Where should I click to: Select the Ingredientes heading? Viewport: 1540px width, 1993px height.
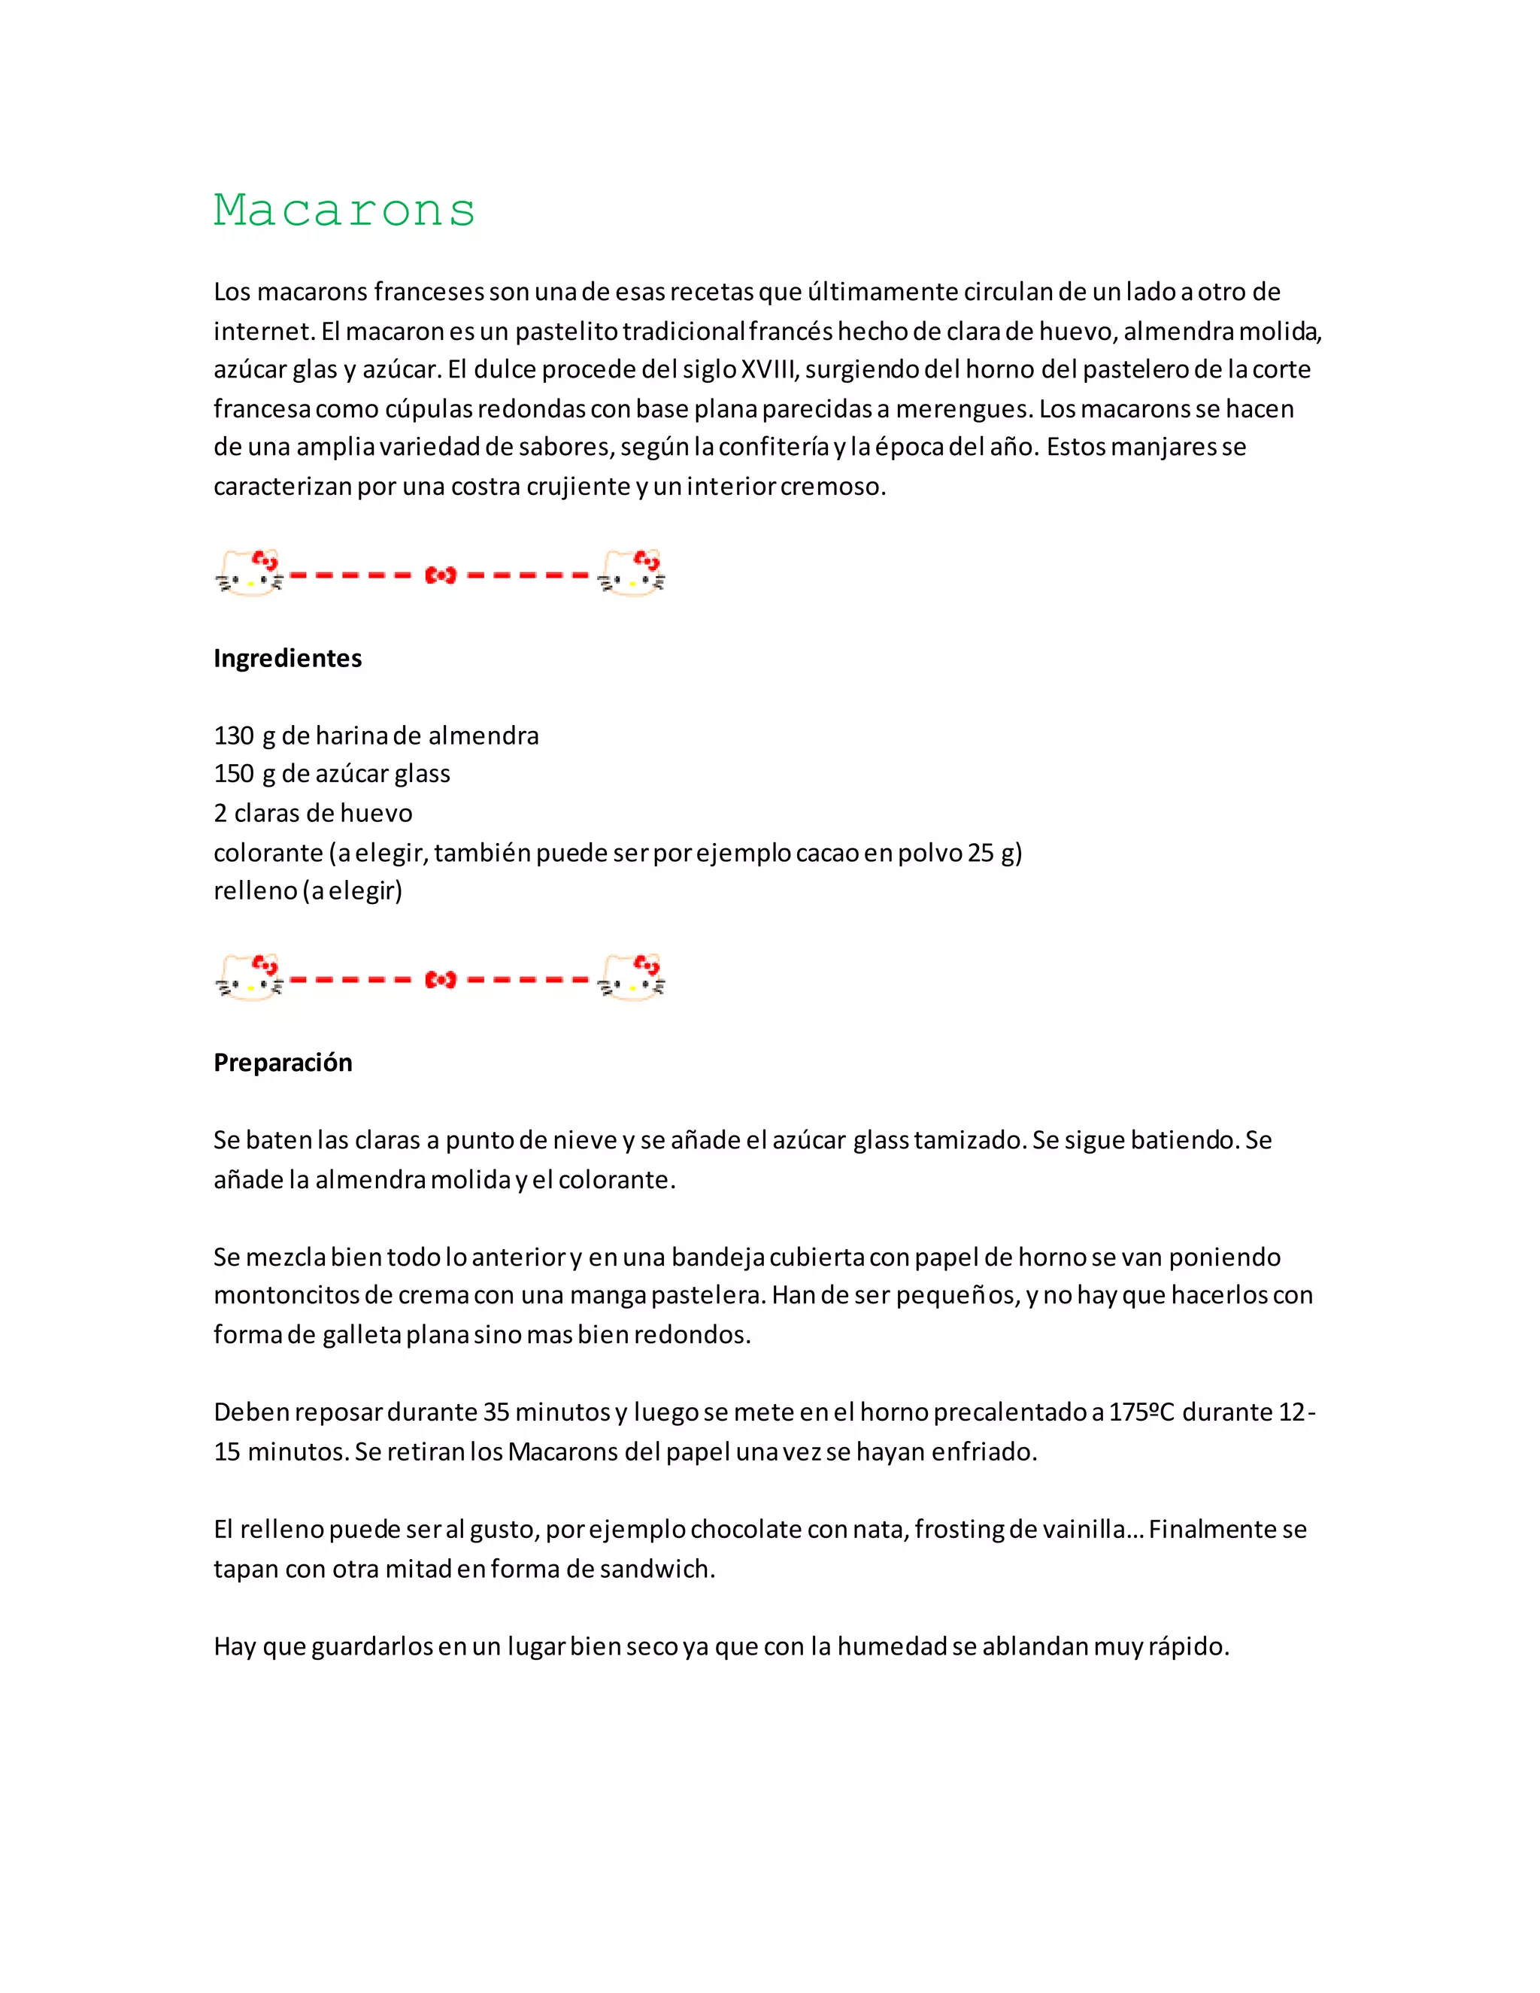click(x=287, y=658)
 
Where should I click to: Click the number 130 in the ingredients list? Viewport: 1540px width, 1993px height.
click(x=234, y=736)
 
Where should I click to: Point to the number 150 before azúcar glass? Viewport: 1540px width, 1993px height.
click(x=234, y=774)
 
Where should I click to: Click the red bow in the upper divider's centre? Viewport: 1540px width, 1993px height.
click(x=441, y=575)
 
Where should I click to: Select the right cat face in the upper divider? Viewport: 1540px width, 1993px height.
click(x=632, y=574)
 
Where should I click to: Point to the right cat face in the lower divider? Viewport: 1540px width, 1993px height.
click(x=632, y=979)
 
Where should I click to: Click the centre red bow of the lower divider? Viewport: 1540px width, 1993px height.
click(x=441, y=980)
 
